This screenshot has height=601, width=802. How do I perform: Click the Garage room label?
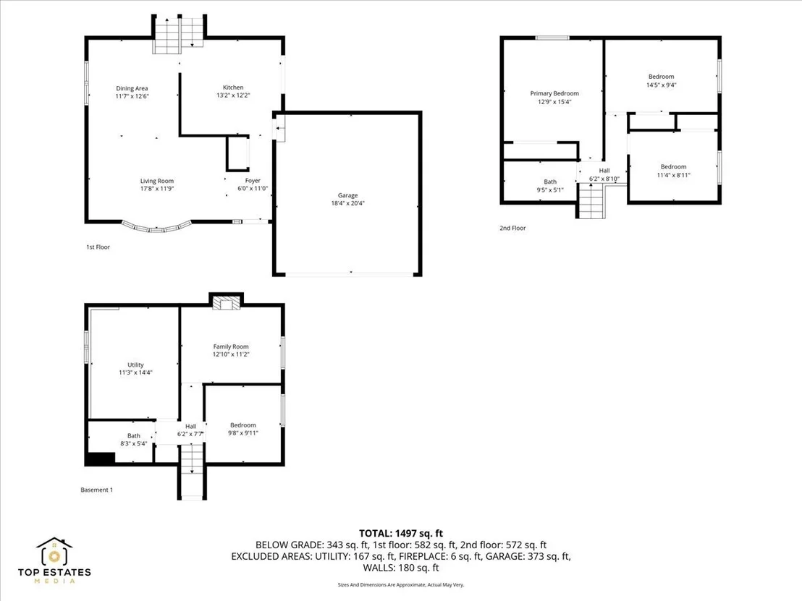click(x=348, y=195)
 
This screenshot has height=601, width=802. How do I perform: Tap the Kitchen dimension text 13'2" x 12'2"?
click(x=233, y=95)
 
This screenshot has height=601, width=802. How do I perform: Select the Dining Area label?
click(x=132, y=88)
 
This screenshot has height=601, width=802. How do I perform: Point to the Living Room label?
click(x=157, y=181)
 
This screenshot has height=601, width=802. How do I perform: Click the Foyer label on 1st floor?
click(x=253, y=180)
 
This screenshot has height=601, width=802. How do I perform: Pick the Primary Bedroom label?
click(x=554, y=93)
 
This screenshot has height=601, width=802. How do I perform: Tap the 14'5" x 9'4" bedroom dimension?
click(x=662, y=85)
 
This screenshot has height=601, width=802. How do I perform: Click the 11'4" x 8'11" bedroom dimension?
click(x=674, y=175)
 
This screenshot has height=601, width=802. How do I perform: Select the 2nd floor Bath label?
click(x=550, y=182)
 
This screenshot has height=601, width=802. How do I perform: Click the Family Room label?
click(x=231, y=346)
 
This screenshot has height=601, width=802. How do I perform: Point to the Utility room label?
click(x=135, y=365)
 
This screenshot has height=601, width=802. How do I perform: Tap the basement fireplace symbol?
click(x=226, y=304)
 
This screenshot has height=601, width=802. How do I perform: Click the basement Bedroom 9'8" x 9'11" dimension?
click(x=243, y=433)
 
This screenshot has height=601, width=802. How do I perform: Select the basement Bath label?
click(x=134, y=436)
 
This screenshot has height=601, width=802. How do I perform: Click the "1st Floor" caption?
click(x=98, y=247)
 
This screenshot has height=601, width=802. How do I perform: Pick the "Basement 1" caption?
click(x=97, y=490)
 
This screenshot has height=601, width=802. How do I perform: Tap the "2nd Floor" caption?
click(x=512, y=228)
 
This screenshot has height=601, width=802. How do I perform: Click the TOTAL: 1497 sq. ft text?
click(x=401, y=534)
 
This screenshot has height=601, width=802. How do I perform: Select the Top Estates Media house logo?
click(x=54, y=551)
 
